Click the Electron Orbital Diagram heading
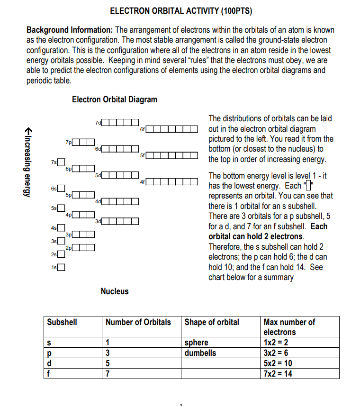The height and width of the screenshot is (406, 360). coord(115,99)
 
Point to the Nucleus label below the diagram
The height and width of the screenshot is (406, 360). coord(114,291)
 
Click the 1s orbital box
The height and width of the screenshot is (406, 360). coord(61,267)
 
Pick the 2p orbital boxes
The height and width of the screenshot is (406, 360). coord(84,247)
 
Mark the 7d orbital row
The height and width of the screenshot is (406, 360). coord(121,123)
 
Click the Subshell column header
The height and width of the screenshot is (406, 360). coord(62,322)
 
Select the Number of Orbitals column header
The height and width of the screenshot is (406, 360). coord(138,322)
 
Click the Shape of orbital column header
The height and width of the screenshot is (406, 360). coord(212,322)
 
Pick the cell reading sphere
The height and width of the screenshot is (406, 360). coord(196,343)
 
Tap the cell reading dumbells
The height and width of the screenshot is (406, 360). coord(200,353)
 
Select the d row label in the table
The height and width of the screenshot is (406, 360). coord(50,363)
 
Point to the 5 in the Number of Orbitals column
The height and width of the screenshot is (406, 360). coord(108,363)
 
